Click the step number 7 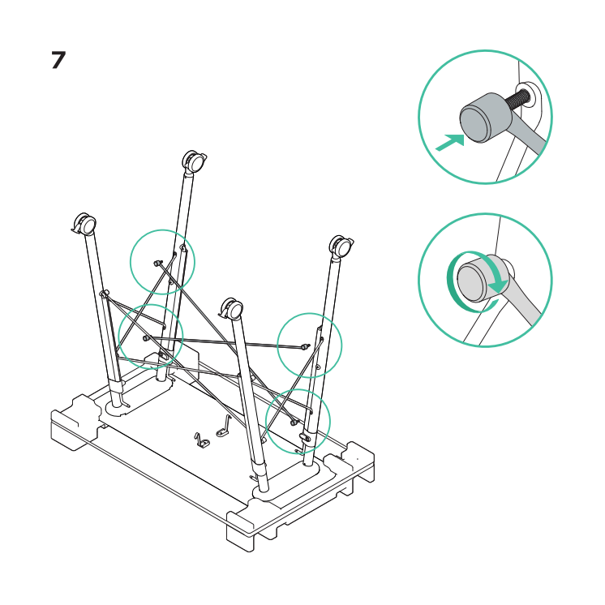coord(58,60)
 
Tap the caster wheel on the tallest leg coord(194,161)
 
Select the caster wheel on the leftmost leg coord(84,223)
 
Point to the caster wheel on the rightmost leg coord(341,246)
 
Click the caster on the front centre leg coord(231,308)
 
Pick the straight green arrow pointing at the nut coord(450,143)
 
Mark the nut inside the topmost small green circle coord(157,263)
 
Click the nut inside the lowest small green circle coord(294,423)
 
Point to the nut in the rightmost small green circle coord(306,346)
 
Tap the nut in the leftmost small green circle coord(146,338)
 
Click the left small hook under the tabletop coord(201,440)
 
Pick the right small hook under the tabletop coord(223,427)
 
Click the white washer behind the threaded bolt coord(527,95)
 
